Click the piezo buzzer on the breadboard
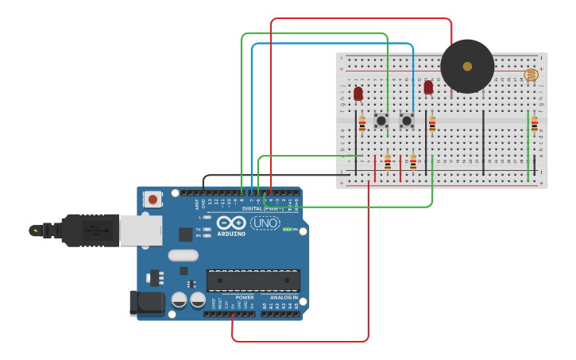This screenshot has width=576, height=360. (x=467, y=67)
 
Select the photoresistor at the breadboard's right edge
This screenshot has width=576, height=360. (x=531, y=75)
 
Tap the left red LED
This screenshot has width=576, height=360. (x=358, y=93)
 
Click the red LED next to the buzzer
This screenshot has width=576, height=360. (x=429, y=87)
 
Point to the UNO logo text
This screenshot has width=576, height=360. (x=265, y=223)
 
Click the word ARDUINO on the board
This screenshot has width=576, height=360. (x=231, y=234)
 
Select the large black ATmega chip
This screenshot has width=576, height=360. (x=253, y=280)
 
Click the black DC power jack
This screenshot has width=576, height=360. (x=145, y=303)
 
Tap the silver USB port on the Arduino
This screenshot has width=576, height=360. (x=140, y=230)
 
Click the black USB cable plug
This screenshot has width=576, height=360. (x=91, y=230)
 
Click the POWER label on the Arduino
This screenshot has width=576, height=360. (x=245, y=297)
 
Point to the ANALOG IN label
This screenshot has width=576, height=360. (x=279, y=297)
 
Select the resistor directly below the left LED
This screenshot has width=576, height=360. (x=362, y=124)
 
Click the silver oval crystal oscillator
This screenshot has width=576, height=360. (x=183, y=256)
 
